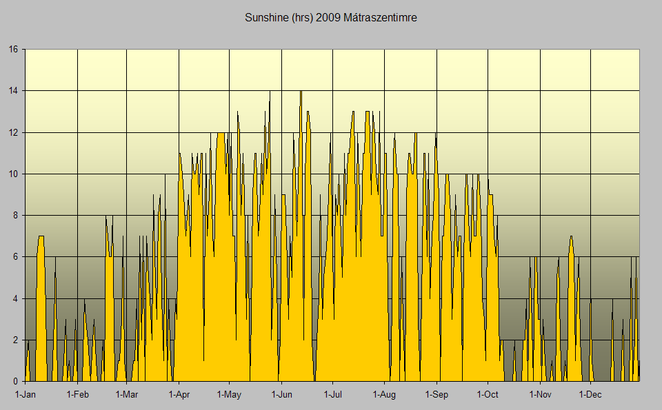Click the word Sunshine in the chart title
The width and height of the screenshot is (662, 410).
tap(264, 17)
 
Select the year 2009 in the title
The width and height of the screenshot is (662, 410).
tap(326, 17)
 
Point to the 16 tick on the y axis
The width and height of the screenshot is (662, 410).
tap(13, 50)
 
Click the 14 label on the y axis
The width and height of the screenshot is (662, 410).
tap(13, 91)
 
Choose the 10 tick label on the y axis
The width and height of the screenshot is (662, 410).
tap(13, 174)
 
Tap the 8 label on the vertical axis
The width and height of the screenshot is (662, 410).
tap(16, 216)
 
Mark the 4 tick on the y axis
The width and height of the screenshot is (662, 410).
tap(16, 298)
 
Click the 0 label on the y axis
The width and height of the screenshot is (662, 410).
tap(16, 381)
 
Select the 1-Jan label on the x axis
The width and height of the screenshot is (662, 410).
tap(26, 395)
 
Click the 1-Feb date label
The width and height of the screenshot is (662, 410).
tap(77, 395)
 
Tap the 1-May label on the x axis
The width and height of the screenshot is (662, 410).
tap(229, 395)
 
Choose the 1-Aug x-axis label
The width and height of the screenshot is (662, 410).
tap(384, 395)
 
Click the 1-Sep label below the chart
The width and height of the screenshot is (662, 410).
tap(436, 395)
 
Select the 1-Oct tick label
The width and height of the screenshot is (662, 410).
tap(488, 395)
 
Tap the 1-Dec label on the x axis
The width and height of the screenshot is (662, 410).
tap(590, 395)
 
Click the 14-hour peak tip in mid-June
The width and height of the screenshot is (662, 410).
tap(301, 92)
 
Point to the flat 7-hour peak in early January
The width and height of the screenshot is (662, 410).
tap(41, 237)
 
